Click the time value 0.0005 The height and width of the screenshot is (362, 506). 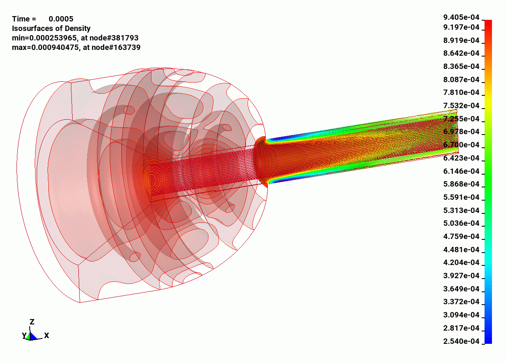[x=61, y=19]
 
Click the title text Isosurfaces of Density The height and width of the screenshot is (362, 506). [x=51, y=28]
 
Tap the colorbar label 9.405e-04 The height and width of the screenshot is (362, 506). [x=461, y=17]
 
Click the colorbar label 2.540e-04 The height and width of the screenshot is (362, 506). [x=461, y=341]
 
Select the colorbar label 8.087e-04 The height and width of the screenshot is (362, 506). [x=461, y=80]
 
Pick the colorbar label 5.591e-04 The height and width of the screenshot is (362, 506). [x=461, y=197]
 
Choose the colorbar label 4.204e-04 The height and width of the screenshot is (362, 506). [x=461, y=263]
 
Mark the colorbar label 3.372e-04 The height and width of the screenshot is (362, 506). [x=461, y=302]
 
